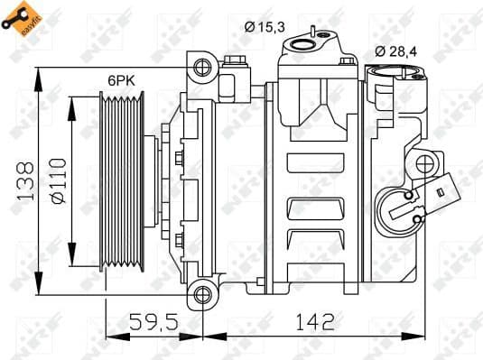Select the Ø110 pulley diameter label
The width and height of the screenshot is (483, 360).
point(59,181)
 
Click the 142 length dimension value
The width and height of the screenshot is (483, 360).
point(314,319)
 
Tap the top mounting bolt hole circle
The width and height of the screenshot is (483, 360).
point(201,66)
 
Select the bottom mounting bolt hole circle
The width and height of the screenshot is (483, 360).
point(201,294)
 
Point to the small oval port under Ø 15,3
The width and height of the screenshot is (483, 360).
point(319,39)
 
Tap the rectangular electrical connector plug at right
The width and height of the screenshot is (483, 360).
point(447,190)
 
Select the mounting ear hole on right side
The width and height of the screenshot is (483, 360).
point(424,165)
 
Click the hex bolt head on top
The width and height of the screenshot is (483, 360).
point(236,62)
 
